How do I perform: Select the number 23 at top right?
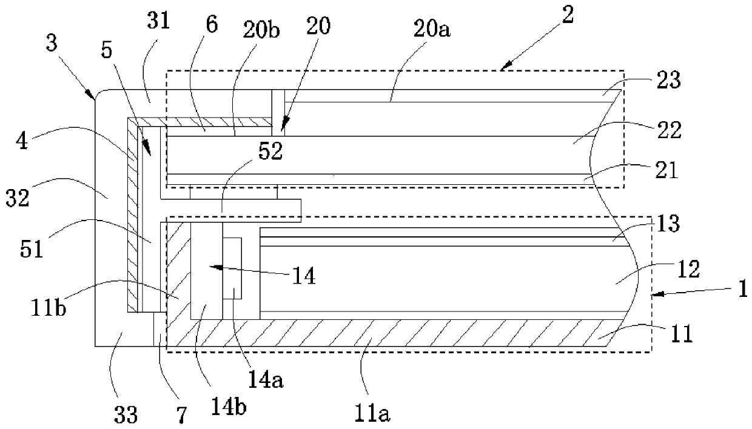pos(669,80)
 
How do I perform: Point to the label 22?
pos(670,130)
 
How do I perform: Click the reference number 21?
pos(666,170)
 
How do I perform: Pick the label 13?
pos(668,224)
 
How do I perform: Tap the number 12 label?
pos(688,269)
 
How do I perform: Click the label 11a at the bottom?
pos(372,413)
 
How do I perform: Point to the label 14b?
pos(229,407)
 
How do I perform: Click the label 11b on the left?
pos(49,308)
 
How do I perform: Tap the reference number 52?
pos(270,151)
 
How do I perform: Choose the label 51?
pos(32,250)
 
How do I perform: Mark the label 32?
pos(18,198)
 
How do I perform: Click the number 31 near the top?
pos(158,21)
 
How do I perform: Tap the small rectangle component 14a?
pos(232,268)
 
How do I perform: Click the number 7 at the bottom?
pos(181,415)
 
